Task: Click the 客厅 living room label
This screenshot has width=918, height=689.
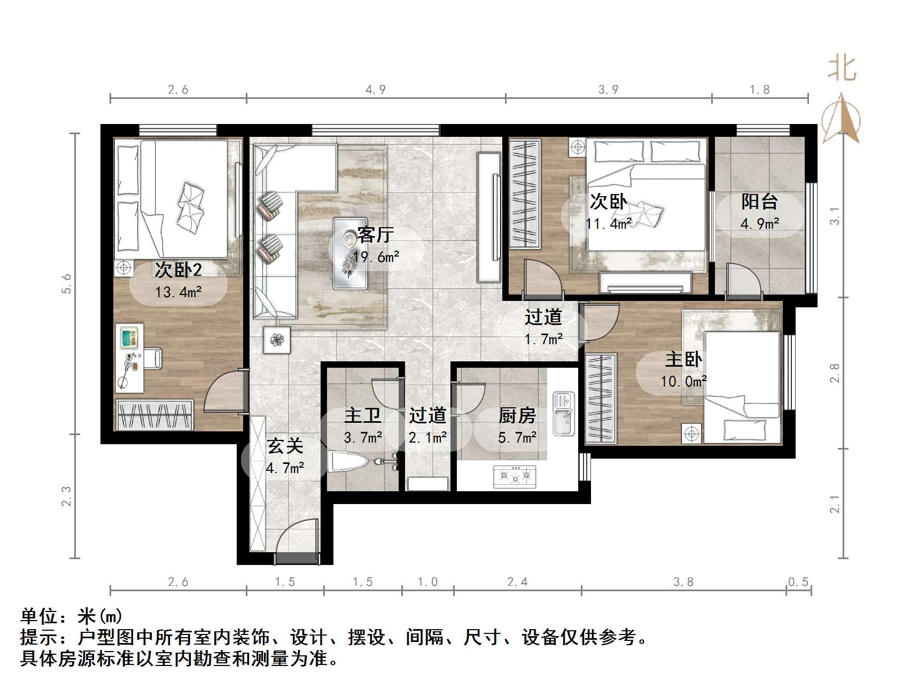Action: click(x=376, y=234)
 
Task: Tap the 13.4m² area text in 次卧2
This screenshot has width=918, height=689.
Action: click(x=178, y=292)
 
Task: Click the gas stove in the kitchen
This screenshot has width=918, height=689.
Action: click(x=515, y=475)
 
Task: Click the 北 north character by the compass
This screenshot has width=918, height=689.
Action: click(x=842, y=69)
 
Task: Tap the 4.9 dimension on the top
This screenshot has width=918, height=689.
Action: click(x=375, y=89)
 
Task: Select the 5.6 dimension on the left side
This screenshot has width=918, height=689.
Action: click(x=66, y=283)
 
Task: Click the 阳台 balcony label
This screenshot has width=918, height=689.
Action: click(x=759, y=202)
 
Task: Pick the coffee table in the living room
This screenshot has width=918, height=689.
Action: click(x=350, y=253)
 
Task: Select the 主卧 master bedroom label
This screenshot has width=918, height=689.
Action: click(x=683, y=359)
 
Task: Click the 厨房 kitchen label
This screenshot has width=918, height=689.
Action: click(x=517, y=415)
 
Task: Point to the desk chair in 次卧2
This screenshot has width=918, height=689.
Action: click(x=152, y=358)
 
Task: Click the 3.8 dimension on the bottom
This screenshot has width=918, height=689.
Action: click(x=683, y=582)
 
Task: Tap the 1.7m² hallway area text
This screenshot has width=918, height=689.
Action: click(x=543, y=339)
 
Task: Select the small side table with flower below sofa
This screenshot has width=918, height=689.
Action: click(x=277, y=339)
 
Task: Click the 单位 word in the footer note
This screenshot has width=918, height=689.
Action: click(x=39, y=616)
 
